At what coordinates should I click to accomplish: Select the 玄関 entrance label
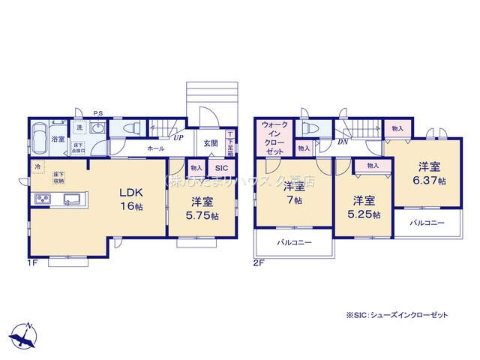pyautogui.click(x=210, y=144)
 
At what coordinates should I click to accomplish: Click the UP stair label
pyautogui.click(x=178, y=138)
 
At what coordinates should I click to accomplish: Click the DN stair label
pyautogui.click(x=343, y=141)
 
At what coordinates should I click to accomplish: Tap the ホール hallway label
pyautogui.click(x=156, y=148)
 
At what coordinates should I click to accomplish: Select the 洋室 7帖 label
pyautogui.click(x=293, y=194)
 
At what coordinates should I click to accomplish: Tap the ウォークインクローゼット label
pyautogui.click(x=274, y=137)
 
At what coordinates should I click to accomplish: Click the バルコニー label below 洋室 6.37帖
pyautogui.click(x=427, y=223)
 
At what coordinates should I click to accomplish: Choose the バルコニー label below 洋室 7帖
pyautogui.click(x=293, y=243)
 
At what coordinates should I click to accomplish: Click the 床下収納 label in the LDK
pyautogui.click(x=58, y=177)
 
